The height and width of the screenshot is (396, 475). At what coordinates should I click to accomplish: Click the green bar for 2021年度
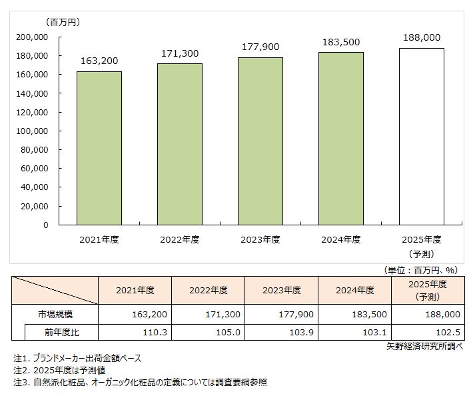point(99,148)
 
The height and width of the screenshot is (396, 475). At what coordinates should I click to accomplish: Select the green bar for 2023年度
point(260,141)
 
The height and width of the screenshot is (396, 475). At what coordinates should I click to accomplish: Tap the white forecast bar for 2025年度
point(422,137)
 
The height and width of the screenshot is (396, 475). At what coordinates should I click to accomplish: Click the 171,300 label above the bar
point(180,51)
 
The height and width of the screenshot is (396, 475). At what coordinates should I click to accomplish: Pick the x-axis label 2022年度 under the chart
point(180,239)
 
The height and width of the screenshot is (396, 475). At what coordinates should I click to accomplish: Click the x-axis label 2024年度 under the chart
point(341,239)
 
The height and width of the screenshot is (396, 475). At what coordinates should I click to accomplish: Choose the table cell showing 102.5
point(428,332)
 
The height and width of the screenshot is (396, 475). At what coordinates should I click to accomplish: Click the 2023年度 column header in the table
point(281,290)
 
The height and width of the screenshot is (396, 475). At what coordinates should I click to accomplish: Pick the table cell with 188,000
point(428,314)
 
